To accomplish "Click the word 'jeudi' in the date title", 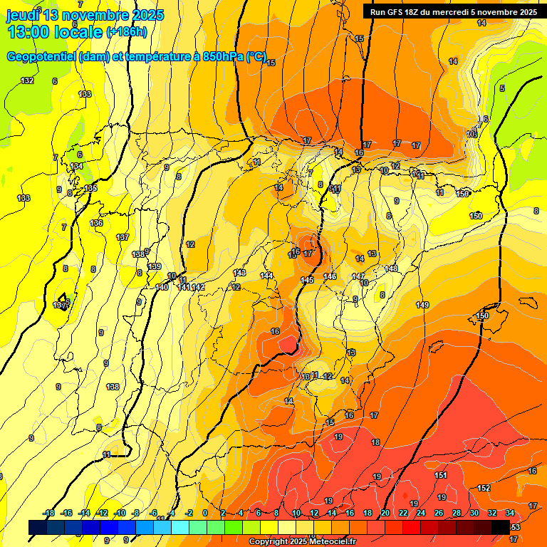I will tap(22, 15).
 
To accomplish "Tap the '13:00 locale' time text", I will tap(54, 32).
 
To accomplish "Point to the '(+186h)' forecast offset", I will tap(127, 32).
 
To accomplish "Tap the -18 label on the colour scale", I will tap(49, 513).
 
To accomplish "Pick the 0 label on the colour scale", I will tap(205, 513).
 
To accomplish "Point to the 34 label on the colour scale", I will tap(510, 513).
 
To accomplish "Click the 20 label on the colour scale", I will tap(385, 513).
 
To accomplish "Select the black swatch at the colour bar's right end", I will tap(501, 527).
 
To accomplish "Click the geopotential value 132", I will tap(27, 80).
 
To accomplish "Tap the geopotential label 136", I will tap(97, 223).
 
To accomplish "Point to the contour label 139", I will tap(154, 266).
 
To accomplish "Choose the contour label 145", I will tap(308, 280).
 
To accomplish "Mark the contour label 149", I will tap(422, 305).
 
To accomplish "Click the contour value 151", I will tap(441, 475).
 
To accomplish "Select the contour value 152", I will tap(484, 488).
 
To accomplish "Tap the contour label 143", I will tap(240, 273).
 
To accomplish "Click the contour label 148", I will tap(391, 269).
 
